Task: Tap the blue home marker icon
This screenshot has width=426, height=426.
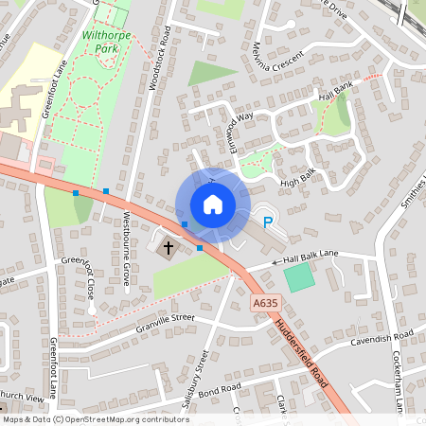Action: [212, 204]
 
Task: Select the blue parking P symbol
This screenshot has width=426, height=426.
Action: [268, 223]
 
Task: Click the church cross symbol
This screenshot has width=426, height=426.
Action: [169, 248]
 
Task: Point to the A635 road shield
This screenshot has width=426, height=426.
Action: [265, 303]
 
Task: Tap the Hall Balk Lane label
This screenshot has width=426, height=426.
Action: [305, 256]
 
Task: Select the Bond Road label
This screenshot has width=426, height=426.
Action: [220, 389]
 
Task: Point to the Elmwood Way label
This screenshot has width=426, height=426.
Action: [235, 127]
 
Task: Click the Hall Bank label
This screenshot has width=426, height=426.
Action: [336, 93]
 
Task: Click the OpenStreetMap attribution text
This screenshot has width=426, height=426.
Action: [95, 418]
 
